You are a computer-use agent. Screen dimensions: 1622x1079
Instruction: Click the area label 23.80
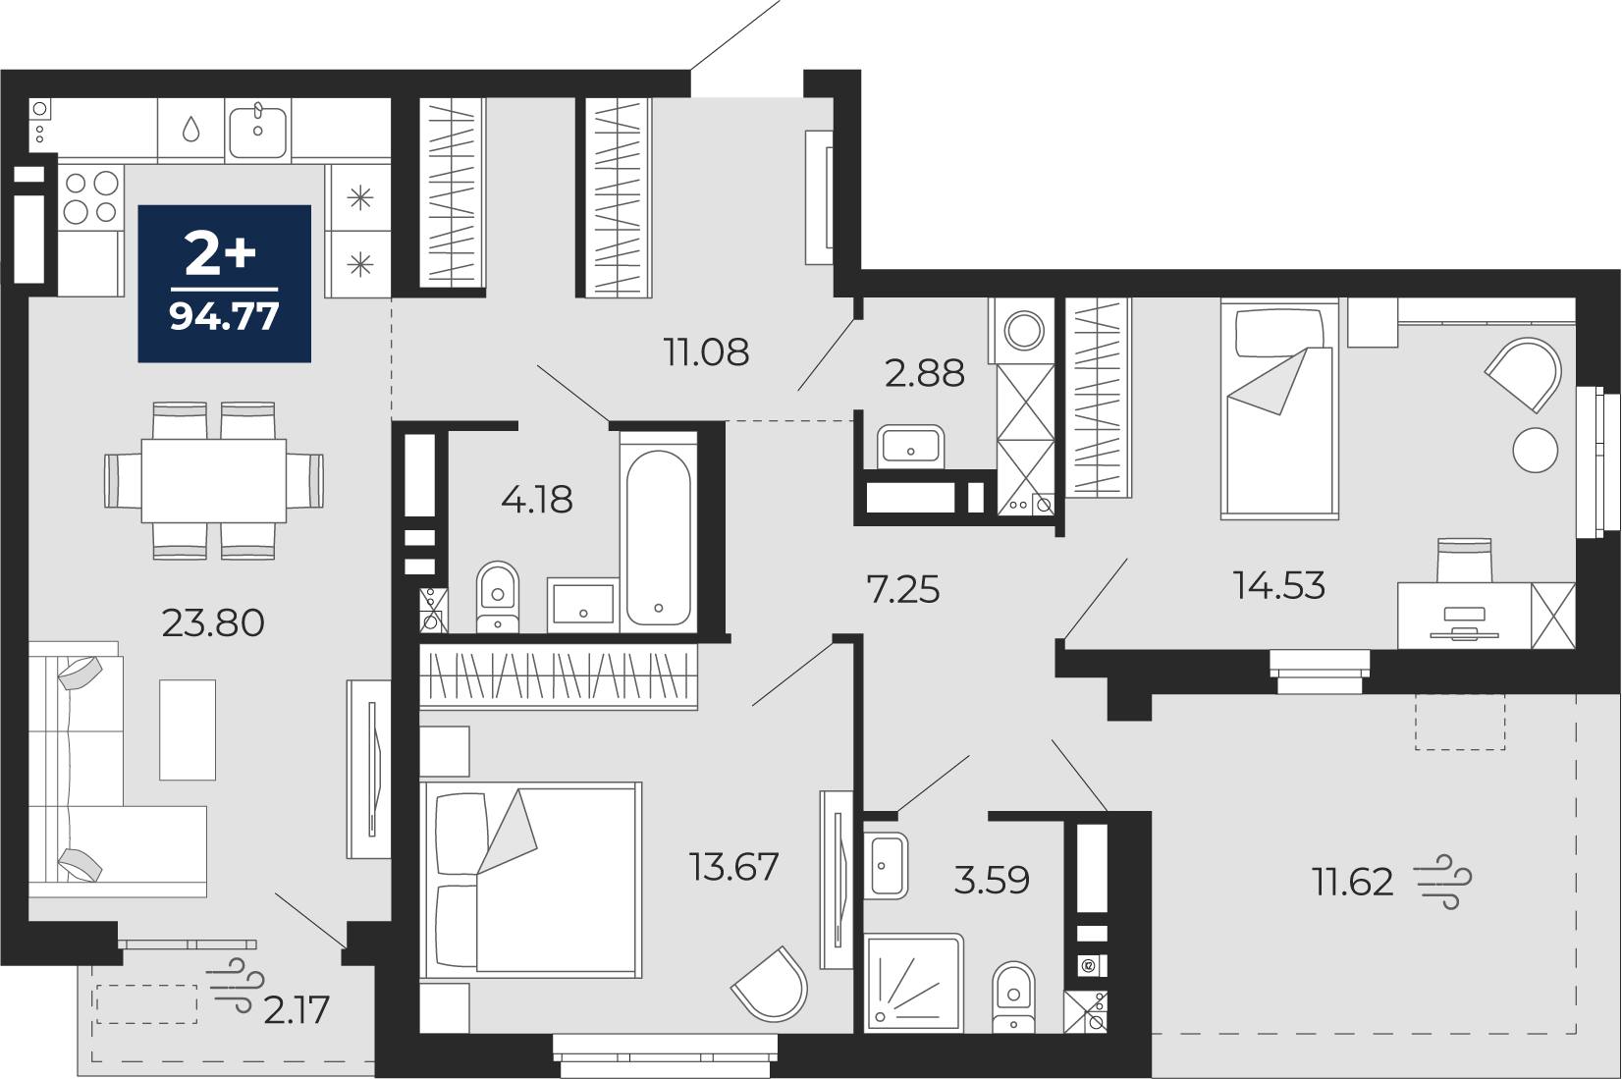213,622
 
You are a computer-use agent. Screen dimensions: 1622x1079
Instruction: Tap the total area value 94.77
225,316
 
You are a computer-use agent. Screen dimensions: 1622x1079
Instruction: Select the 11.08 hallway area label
706,352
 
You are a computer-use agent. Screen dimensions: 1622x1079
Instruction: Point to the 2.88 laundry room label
925,374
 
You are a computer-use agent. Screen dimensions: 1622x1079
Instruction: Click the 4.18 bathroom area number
536,499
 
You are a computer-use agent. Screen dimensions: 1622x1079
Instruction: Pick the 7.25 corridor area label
903,589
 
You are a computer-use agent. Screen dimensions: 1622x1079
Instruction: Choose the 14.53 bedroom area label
1278,585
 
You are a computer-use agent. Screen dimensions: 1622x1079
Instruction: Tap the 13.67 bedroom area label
734,867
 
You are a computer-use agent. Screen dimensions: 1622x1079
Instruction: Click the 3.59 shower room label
992,881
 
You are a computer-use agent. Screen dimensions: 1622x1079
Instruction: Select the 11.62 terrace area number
1353,883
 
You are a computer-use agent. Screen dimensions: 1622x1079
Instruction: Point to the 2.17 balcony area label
297,1010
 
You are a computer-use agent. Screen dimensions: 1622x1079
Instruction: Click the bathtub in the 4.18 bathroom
658,537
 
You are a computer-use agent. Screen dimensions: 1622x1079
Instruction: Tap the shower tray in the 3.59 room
914,982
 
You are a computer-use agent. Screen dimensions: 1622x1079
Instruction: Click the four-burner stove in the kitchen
90,197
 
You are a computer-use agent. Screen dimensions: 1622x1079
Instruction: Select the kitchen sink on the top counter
258,129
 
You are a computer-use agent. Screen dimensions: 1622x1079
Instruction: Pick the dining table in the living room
214,480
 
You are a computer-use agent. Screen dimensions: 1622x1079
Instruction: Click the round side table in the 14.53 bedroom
1536,450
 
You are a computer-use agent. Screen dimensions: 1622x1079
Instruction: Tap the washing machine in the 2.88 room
1022,331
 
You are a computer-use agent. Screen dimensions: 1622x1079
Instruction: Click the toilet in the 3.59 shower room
1013,997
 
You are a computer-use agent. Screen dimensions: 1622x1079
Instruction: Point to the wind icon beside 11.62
1442,882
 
